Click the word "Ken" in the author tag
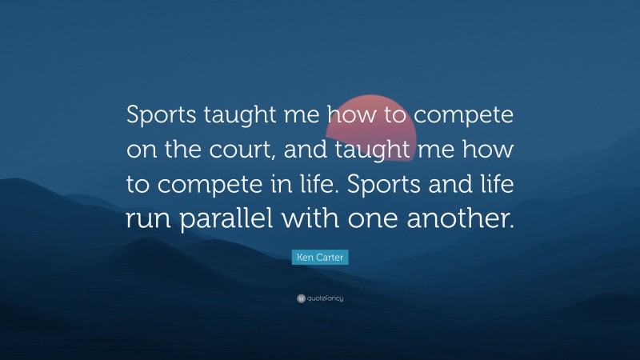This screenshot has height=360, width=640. pyautogui.click(x=306, y=257)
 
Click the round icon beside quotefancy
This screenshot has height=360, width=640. pyautogui.click(x=301, y=298)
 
